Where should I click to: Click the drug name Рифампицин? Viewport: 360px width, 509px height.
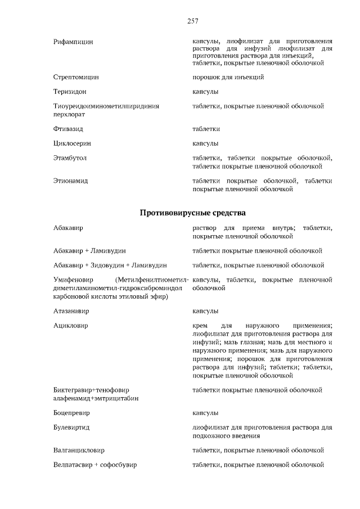(x=73, y=42)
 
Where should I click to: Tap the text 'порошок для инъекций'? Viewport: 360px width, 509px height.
(x=228, y=76)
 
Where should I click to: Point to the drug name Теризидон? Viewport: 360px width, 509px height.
(x=70, y=91)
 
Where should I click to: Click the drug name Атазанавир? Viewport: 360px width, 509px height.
(x=71, y=310)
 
